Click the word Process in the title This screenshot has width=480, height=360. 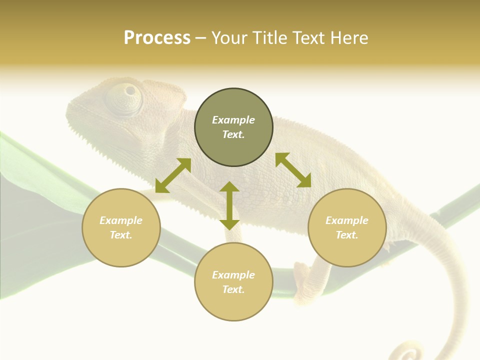point(157,38)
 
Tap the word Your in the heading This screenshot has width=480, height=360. point(230,38)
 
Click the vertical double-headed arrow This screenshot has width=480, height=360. point(229,205)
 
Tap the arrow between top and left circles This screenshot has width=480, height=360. point(173,175)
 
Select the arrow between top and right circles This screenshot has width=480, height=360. point(293,170)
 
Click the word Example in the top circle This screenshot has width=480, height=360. point(233,120)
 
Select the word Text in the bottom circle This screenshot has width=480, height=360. point(233,289)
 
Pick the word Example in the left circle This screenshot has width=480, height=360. point(121,220)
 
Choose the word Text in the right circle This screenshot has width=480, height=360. point(347,235)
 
